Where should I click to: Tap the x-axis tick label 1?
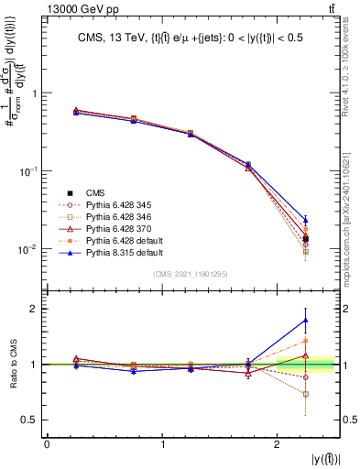[163, 445]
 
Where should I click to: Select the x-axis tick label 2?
[278, 445]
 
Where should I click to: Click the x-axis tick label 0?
[48, 445]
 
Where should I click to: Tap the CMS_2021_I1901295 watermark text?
[191, 275]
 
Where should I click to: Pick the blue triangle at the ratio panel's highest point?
[305, 320]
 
